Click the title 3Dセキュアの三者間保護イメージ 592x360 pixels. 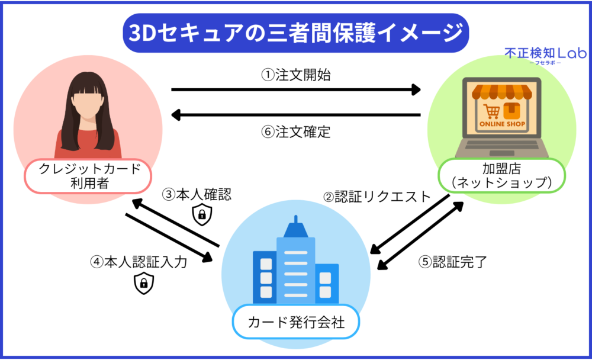pyautogui.click(x=296, y=33)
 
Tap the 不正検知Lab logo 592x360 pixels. pyautogui.click(x=545, y=55)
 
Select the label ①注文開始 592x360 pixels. pyautogui.click(x=296, y=75)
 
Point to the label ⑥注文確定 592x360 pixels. pyautogui.click(x=296, y=131)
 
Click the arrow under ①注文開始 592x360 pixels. pyautogui.click(x=296, y=90)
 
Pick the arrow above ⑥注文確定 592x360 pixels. pyautogui.click(x=296, y=115)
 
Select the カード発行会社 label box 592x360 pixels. pyautogui.click(x=296, y=323)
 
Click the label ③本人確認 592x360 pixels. pyautogui.click(x=197, y=194)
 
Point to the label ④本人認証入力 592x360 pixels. pyautogui.click(x=139, y=262)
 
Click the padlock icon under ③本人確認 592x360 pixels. pyautogui.click(x=202, y=216)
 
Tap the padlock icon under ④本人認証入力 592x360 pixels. pyautogui.click(x=143, y=284)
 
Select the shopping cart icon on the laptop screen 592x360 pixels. pyautogui.click(x=491, y=111)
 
